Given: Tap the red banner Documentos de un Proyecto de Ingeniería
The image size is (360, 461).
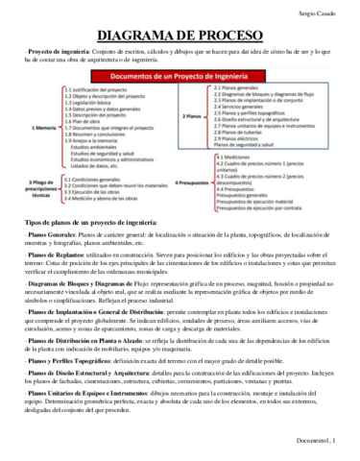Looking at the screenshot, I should point(180,74).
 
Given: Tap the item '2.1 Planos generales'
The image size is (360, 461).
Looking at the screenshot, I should point(240,86).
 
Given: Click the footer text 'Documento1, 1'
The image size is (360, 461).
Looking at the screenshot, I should point(324,452).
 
